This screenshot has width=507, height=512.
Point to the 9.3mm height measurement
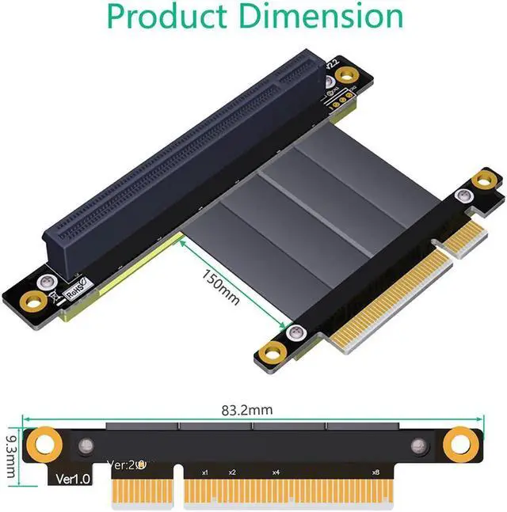coord(10,454)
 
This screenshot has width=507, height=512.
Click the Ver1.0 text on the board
coord(73,479)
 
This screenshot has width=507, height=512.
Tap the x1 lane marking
coord(205,472)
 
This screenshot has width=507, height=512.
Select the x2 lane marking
coord(232,472)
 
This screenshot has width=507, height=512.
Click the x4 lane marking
coord(276,472)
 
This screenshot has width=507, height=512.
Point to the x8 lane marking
coord(375,472)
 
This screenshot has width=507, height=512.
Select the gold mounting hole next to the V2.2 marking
coord(344,75)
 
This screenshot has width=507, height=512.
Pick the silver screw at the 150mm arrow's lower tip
coord(296,332)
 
